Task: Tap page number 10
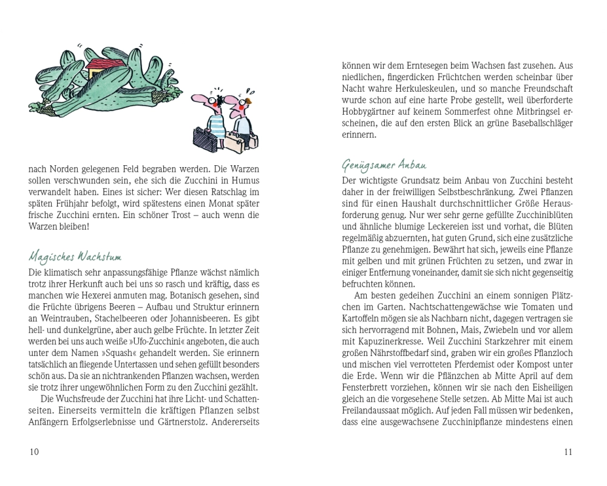pyautogui.click(x=34, y=451)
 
